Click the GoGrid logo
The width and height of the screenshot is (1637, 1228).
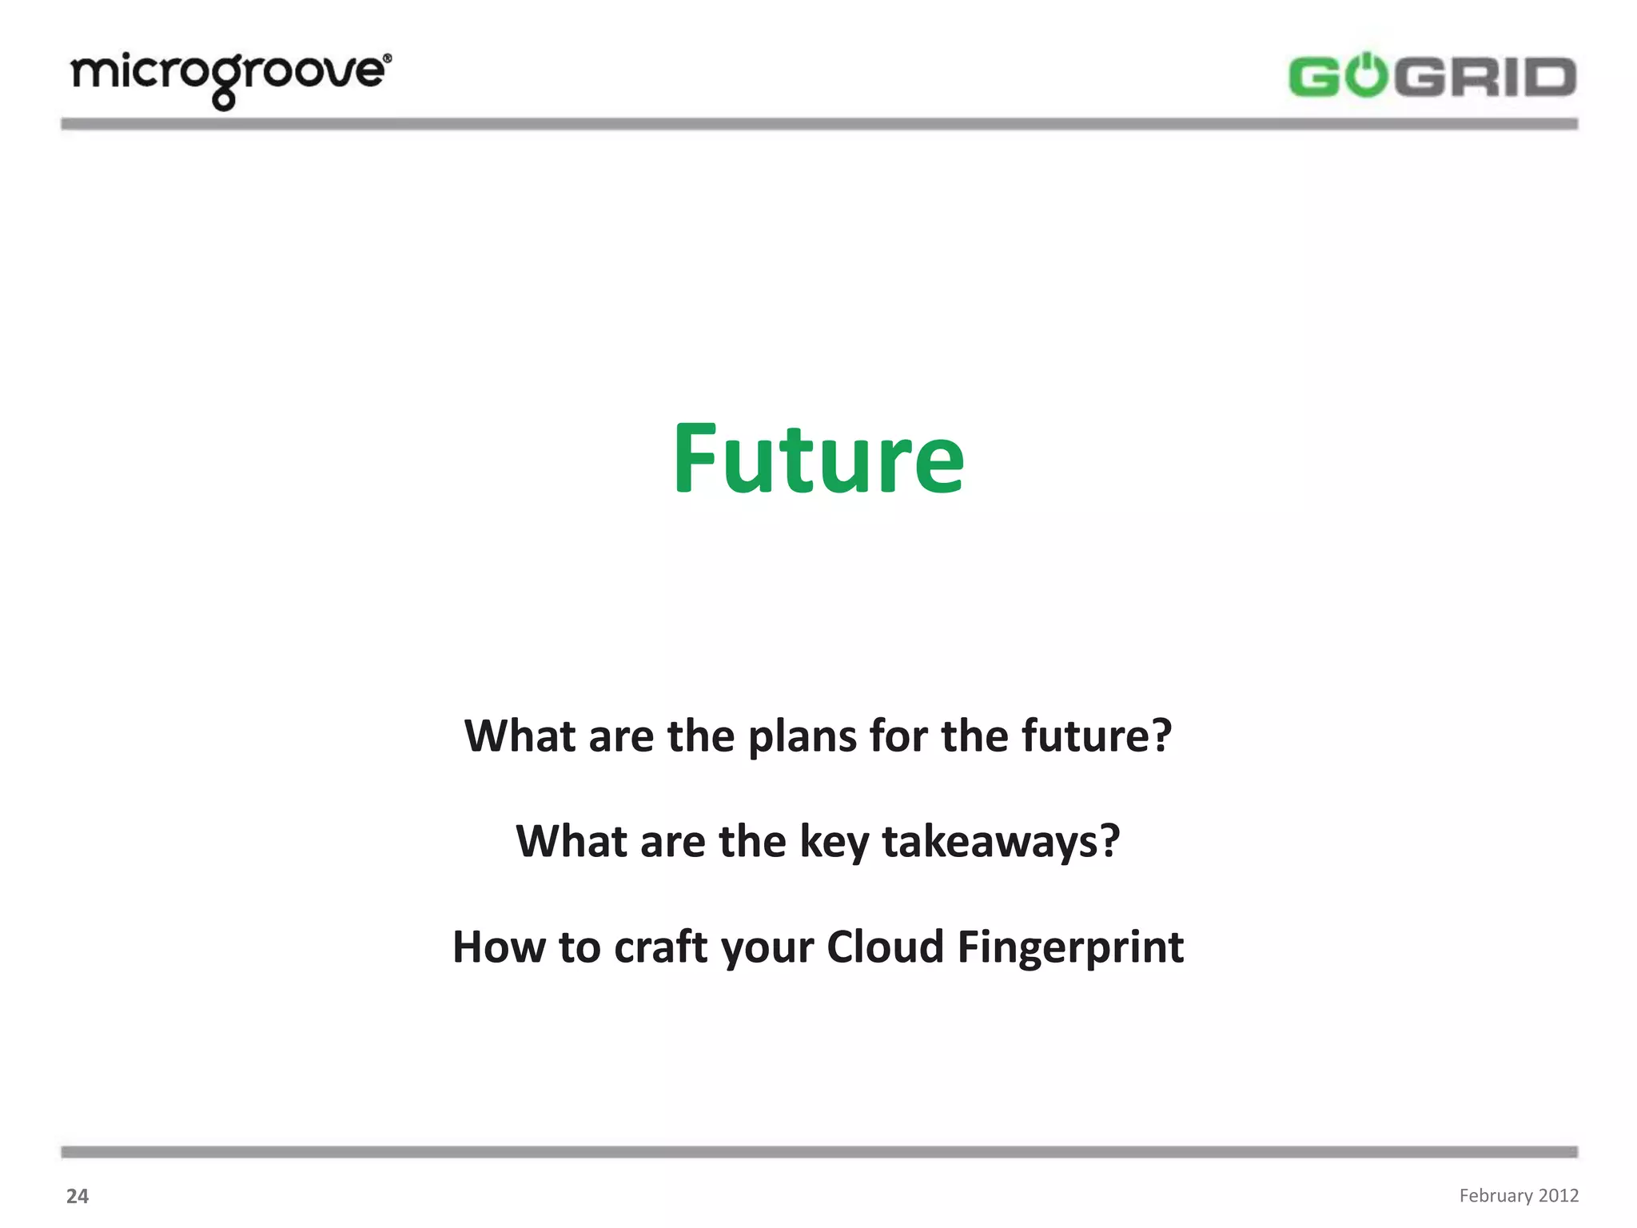[1432, 77]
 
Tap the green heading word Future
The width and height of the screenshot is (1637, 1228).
[818, 459]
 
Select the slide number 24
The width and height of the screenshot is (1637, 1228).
[78, 1196]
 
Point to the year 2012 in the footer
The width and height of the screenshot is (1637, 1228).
[1559, 1195]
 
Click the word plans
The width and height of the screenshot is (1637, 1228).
[802, 736]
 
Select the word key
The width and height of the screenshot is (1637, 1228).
[834, 843]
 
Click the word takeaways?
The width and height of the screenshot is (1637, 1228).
[1001, 842]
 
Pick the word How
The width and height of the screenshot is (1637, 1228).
[499, 947]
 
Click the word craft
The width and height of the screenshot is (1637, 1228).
[662, 947]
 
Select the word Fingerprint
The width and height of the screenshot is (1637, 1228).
[1070, 949]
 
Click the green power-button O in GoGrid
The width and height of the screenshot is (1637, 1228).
[1367, 76]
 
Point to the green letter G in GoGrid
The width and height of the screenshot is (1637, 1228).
[1315, 78]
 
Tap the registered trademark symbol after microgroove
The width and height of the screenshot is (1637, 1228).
[388, 58]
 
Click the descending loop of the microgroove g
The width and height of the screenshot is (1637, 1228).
[225, 101]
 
